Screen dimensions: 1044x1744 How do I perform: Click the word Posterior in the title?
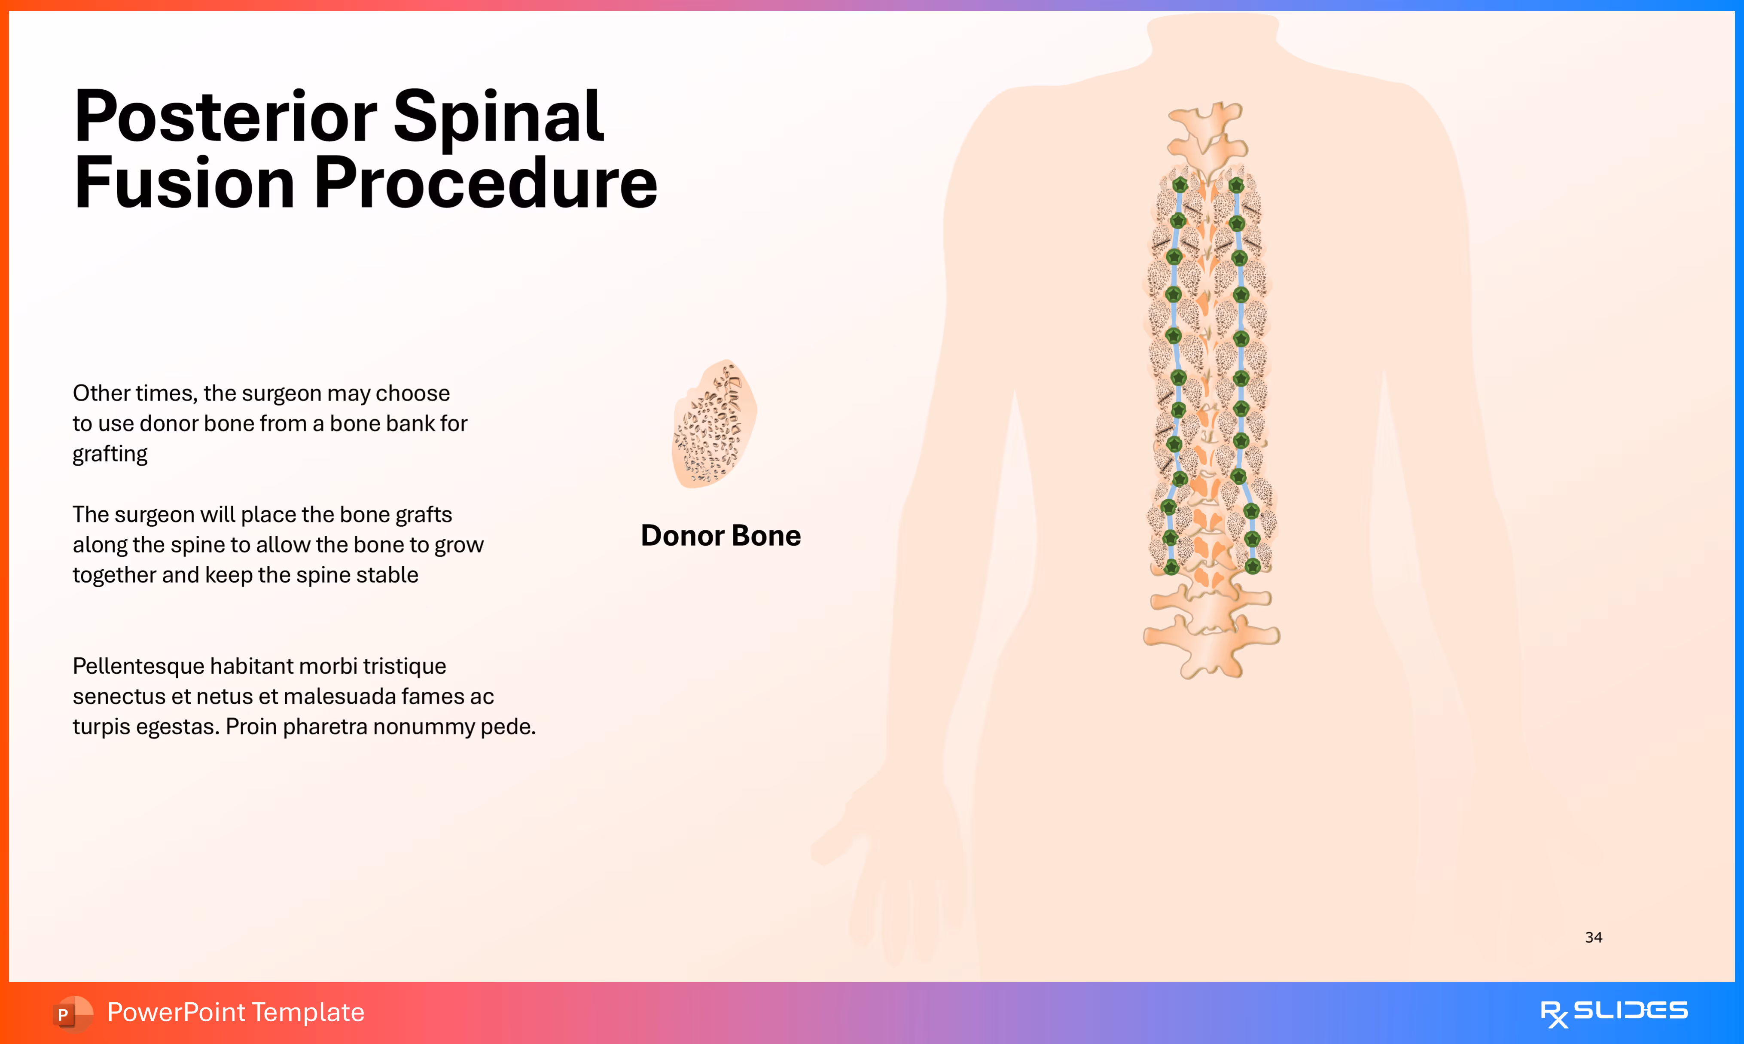225,117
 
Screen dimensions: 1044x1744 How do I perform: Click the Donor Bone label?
721,536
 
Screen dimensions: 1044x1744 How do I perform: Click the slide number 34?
1594,937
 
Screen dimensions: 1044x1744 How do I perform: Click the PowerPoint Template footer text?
235,1012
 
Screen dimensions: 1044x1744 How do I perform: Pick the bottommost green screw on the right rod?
1253,566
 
